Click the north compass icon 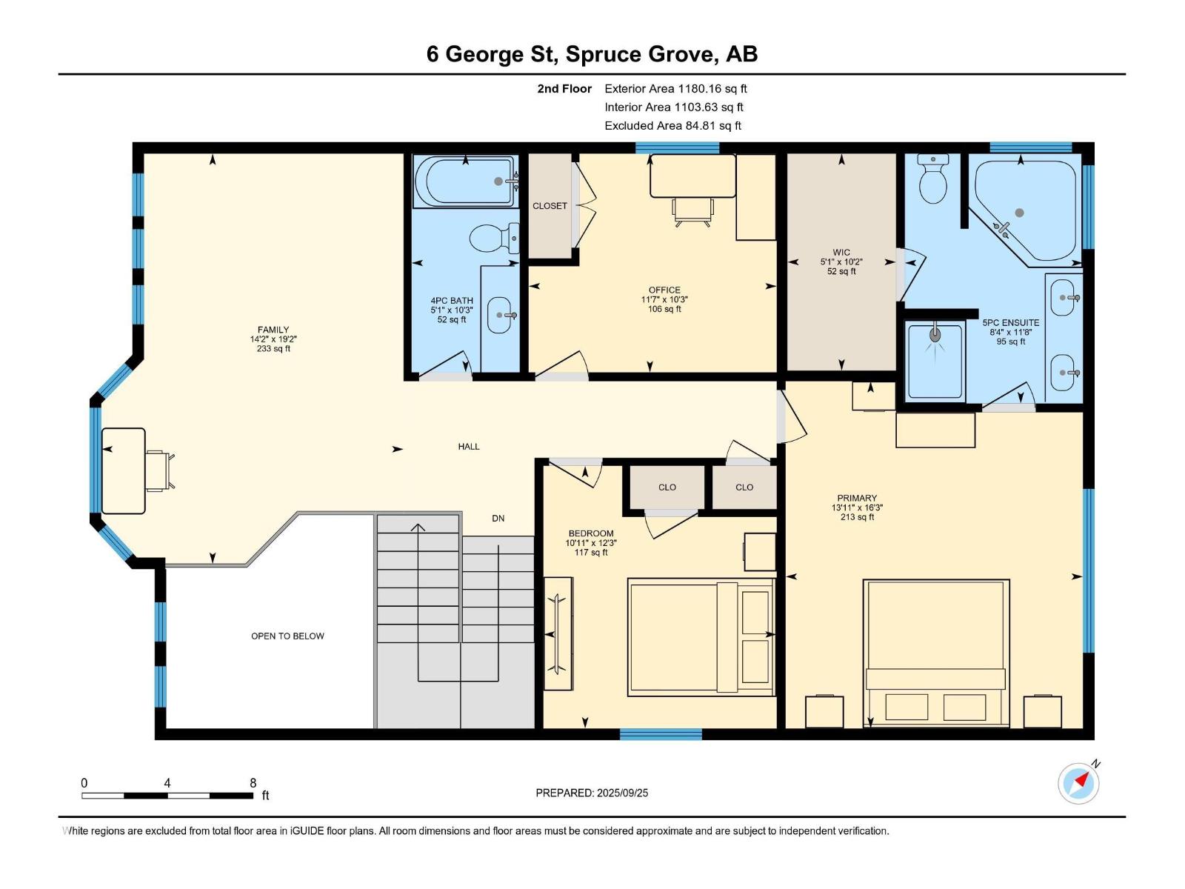tap(1078, 783)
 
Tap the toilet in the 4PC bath tap(494, 238)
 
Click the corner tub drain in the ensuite tap(1019, 213)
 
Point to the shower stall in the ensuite tap(935, 360)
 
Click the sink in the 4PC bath tap(500, 316)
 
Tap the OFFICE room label tap(664, 290)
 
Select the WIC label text tap(841, 252)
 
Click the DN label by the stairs tap(498, 518)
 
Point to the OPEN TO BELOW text tap(287, 636)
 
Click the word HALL tap(469, 447)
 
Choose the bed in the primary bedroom tap(936, 653)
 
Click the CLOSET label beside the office tap(550, 206)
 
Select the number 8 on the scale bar tap(253, 782)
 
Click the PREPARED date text tap(592, 793)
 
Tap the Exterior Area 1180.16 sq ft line tap(675, 88)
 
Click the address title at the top tap(592, 54)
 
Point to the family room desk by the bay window tap(124, 470)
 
